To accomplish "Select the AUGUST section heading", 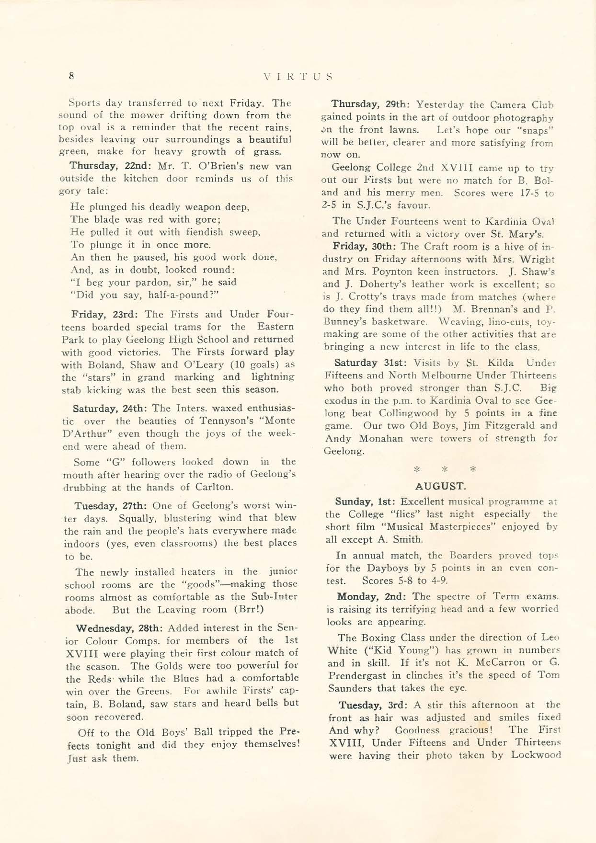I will tap(440, 486).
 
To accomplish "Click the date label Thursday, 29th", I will tap(370, 104).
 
